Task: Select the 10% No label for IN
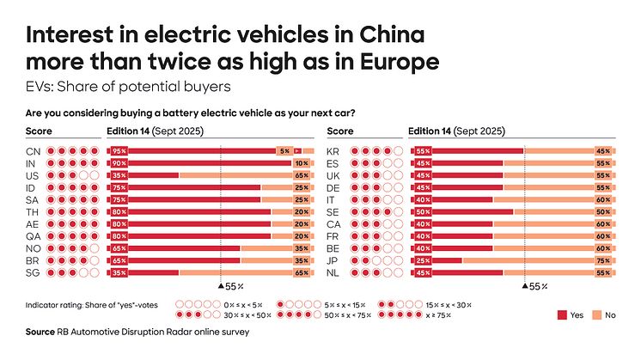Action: (301, 162)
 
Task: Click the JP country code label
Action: (335, 259)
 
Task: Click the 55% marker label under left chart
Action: (235, 284)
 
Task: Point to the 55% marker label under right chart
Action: (536, 284)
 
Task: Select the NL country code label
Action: (335, 272)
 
